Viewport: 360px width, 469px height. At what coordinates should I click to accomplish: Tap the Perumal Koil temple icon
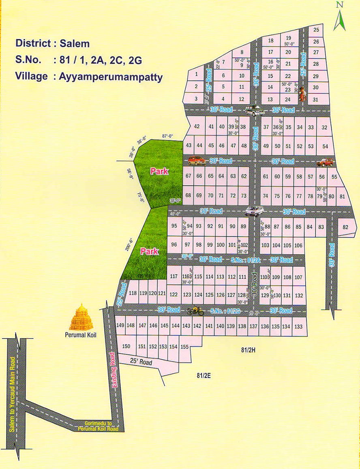(81, 317)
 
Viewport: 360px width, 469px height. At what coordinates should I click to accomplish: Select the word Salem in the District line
(75, 43)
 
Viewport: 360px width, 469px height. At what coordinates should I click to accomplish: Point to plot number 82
(345, 227)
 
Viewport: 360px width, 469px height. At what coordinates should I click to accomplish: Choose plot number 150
(126, 346)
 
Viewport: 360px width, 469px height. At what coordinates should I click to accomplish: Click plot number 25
(316, 30)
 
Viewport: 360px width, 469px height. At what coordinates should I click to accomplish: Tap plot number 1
(196, 74)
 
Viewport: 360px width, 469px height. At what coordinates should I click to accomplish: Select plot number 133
(298, 326)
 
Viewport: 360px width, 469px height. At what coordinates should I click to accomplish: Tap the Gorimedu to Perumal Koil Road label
(99, 425)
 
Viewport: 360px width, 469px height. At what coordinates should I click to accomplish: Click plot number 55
(334, 177)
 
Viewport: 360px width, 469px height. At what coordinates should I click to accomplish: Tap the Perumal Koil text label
(81, 335)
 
